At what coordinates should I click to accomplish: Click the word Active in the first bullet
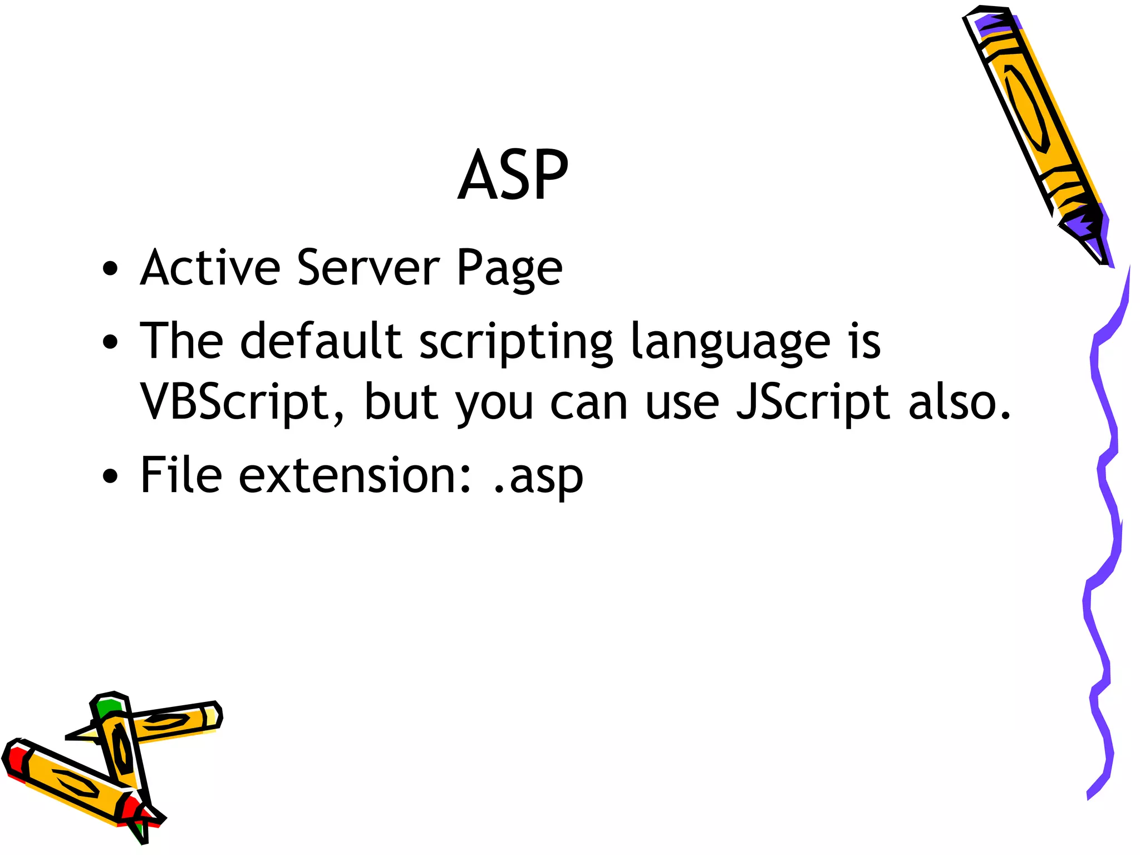point(210,268)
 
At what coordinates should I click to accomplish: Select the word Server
point(368,268)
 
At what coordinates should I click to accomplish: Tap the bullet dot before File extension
point(110,476)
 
